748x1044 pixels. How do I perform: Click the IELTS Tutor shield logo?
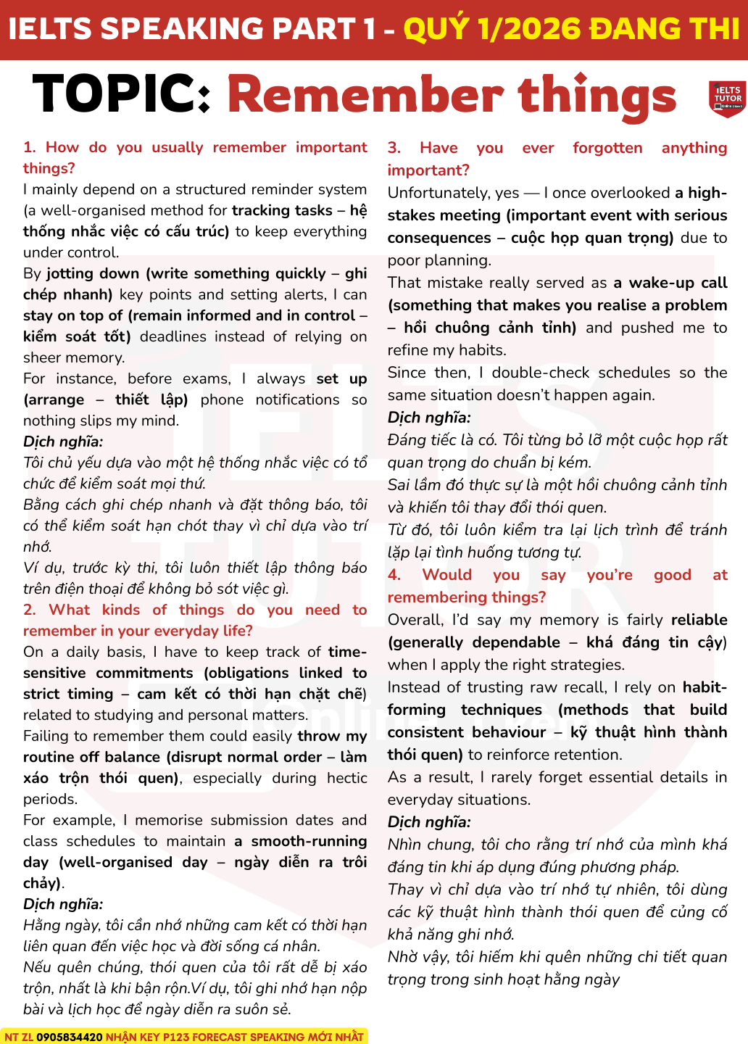pos(726,99)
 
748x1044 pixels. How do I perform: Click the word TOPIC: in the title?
pos(122,95)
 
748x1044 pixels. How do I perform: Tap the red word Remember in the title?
pos(365,95)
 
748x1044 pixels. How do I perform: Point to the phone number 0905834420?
pos(70,1037)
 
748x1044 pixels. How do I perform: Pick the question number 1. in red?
pos(30,147)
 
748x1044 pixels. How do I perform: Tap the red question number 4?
pos(394,575)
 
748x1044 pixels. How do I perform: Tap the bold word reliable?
pos(699,620)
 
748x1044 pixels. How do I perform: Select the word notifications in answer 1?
pos(297,399)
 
